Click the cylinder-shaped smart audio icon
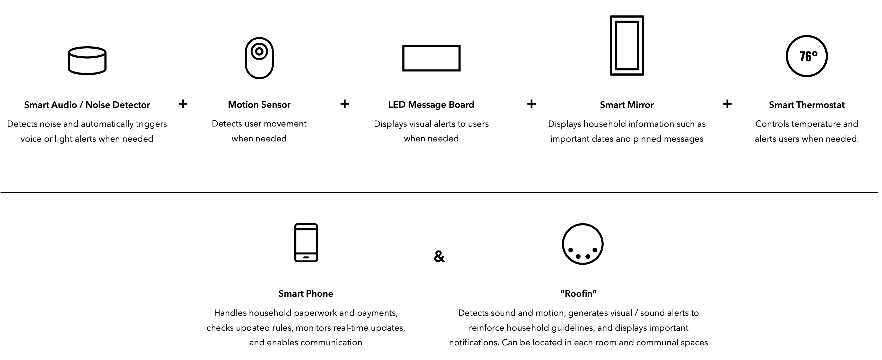click(x=87, y=61)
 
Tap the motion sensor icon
click(x=259, y=58)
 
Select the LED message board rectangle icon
click(x=431, y=58)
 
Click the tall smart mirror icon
click(x=627, y=45)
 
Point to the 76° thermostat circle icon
click(x=806, y=56)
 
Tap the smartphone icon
click(x=306, y=243)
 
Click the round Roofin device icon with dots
click(x=583, y=244)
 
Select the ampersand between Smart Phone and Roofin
click(x=439, y=256)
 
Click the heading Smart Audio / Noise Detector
click(x=87, y=105)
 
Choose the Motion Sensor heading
click(x=259, y=104)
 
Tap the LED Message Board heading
click(x=431, y=104)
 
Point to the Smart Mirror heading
click(x=627, y=105)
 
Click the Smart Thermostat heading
click(x=806, y=105)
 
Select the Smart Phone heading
click(x=305, y=294)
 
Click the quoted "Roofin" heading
click(x=578, y=294)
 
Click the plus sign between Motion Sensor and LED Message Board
click(x=345, y=104)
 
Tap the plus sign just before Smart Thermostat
click(x=727, y=104)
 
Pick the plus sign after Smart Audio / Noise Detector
click(x=183, y=104)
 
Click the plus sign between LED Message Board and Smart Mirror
click(x=531, y=104)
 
